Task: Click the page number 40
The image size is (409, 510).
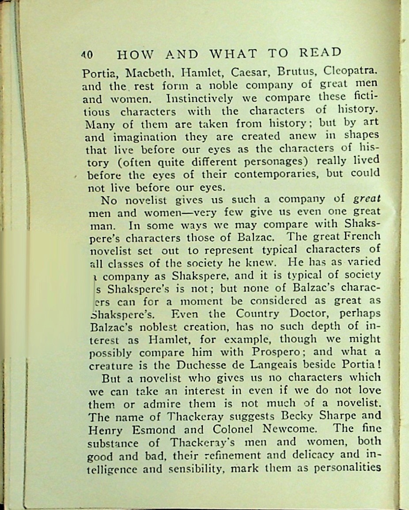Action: click(87, 55)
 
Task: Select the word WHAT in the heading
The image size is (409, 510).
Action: click(233, 54)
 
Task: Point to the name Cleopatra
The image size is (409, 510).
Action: click(352, 70)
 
